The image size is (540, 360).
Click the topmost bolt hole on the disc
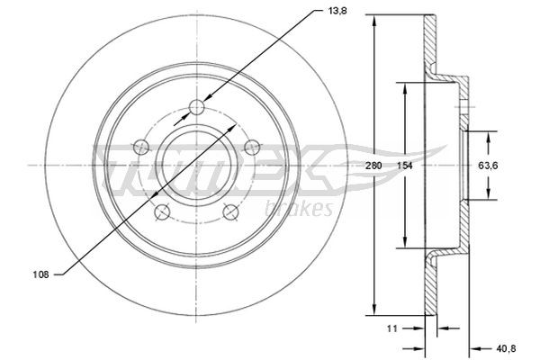tap(198, 109)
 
